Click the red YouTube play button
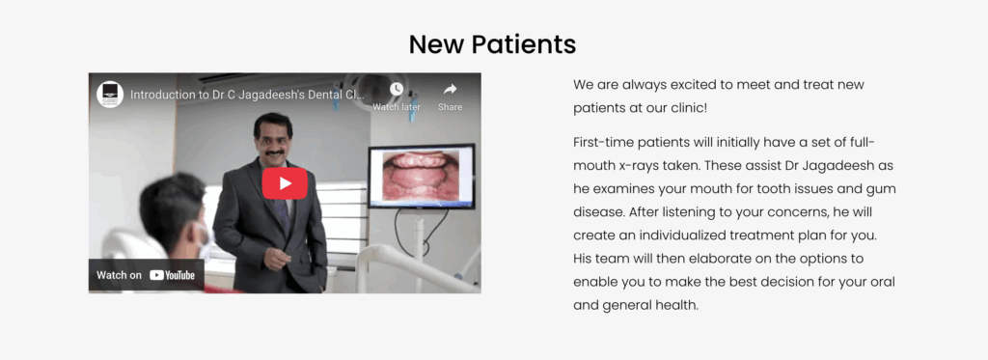click(x=285, y=183)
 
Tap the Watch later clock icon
click(x=397, y=90)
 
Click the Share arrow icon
click(x=450, y=90)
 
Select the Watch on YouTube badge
click(x=147, y=275)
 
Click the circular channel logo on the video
click(x=110, y=95)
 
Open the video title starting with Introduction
click(x=247, y=95)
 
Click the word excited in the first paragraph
click(x=689, y=85)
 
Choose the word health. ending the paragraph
click(x=677, y=306)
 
